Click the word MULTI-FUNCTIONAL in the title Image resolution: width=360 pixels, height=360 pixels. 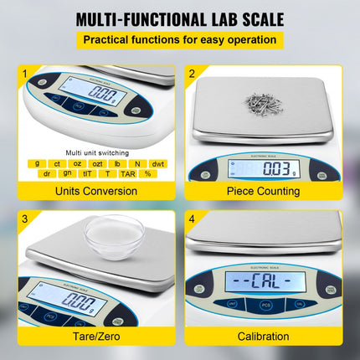tap(140, 19)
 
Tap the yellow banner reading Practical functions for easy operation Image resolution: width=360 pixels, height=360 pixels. tap(180, 40)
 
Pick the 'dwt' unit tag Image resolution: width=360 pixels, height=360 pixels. tap(157, 163)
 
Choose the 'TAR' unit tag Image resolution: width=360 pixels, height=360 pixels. tap(128, 173)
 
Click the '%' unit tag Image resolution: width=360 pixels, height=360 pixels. tap(147, 173)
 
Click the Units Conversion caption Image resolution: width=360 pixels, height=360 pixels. tap(96, 191)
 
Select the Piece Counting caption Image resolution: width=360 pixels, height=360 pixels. tap(264, 191)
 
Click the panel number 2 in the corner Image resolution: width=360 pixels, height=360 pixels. tap(192, 74)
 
